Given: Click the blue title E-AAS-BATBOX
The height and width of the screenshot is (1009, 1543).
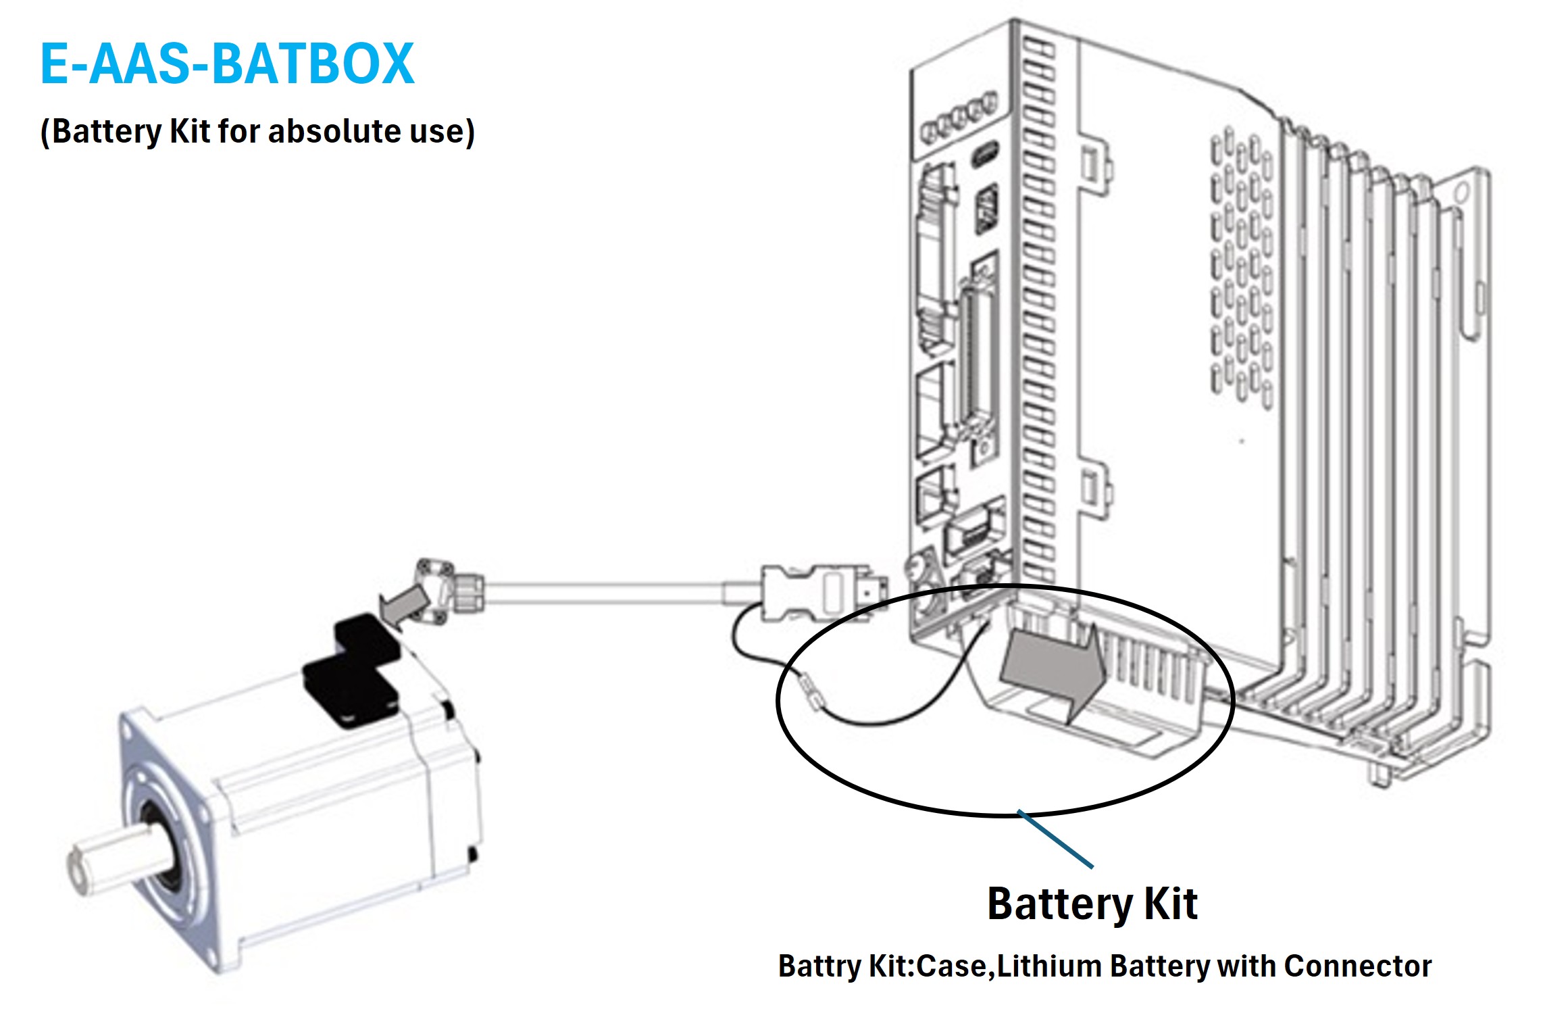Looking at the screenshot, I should coord(227,64).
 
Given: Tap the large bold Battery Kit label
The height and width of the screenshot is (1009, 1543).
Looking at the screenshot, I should coord(1092,904).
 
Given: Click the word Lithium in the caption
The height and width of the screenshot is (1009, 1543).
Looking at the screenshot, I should coord(1050,966).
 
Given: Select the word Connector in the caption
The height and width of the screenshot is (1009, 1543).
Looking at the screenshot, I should coord(1357,966).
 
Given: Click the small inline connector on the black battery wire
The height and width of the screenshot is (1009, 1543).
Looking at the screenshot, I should coord(811,694).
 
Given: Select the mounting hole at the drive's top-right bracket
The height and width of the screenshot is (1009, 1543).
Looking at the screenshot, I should coord(1461,193).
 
